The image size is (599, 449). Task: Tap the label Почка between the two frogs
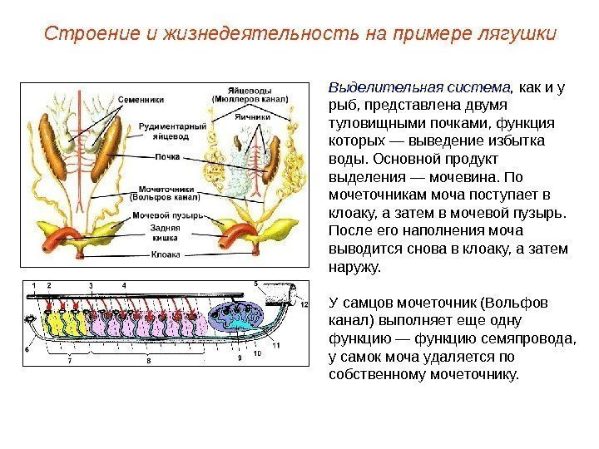tap(168, 155)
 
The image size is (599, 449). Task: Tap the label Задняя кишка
tap(166, 231)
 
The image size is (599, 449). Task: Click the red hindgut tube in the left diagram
tap(61, 235)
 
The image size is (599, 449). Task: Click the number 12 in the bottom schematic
tap(304, 305)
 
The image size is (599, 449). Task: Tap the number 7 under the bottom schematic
tap(69, 361)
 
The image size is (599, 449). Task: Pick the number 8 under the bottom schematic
tap(148, 361)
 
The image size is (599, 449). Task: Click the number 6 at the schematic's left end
tap(26, 350)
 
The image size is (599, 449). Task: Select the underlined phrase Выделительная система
tap(419, 87)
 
